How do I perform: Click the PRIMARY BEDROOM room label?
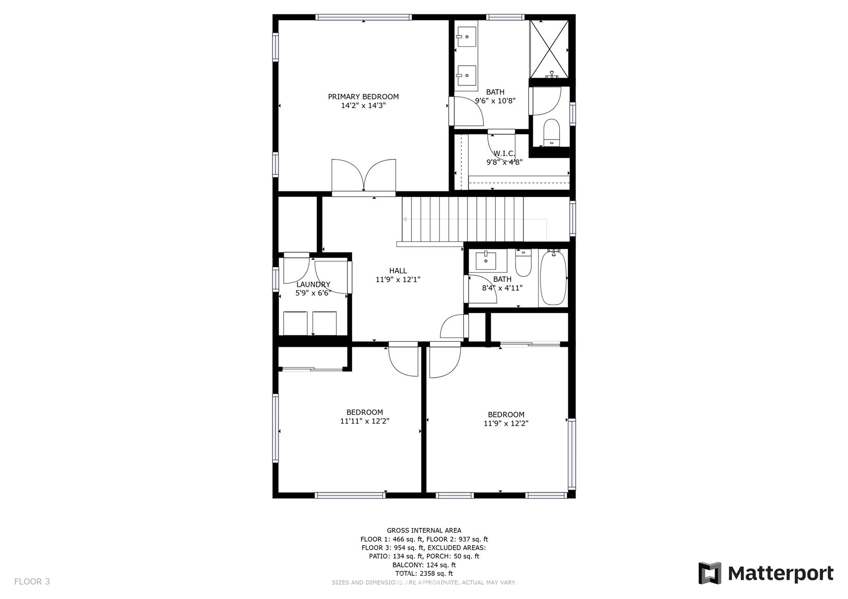(x=363, y=97)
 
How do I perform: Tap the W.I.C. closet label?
(x=504, y=154)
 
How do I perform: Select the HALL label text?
(x=398, y=271)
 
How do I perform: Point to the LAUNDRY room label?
(x=313, y=285)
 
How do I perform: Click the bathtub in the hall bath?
(x=553, y=277)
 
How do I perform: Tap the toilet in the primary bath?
(x=551, y=132)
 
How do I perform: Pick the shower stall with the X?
(x=549, y=49)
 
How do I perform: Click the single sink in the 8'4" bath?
(x=486, y=260)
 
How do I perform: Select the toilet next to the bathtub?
(x=523, y=262)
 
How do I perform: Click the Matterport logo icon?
(x=709, y=573)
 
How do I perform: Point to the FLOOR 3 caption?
(x=32, y=582)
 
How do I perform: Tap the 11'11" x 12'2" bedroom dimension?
(x=365, y=421)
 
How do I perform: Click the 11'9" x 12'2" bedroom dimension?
(x=506, y=424)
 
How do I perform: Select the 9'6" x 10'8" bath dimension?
(x=495, y=101)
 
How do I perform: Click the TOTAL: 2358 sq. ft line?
(x=424, y=574)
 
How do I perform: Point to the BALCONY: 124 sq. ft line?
(x=424, y=565)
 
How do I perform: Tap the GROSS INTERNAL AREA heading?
(x=424, y=531)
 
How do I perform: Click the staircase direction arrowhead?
(x=405, y=219)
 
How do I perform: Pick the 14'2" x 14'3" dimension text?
(x=364, y=105)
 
